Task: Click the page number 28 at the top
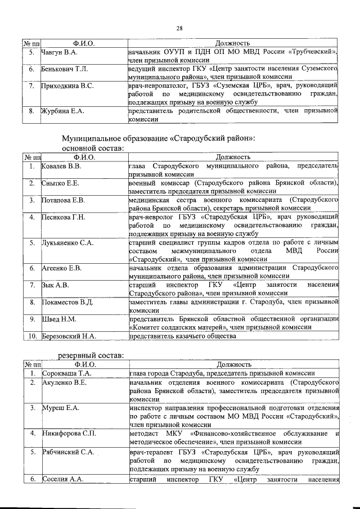[x=180, y=28]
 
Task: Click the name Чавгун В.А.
[x=59, y=52]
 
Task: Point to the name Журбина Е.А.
[x=62, y=111]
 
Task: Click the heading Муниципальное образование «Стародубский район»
[x=159, y=138]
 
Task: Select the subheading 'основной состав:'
[x=92, y=148]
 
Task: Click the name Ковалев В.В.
[x=62, y=167]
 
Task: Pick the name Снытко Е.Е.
[x=60, y=183]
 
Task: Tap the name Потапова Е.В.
[x=63, y=200]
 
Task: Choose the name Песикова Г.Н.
[x=63, y=217]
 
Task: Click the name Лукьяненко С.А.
[x=67, y=242]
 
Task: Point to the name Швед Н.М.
[x=59, y=319]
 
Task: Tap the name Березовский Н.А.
[x=70, y=336]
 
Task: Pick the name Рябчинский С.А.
[x=67, y=451]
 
